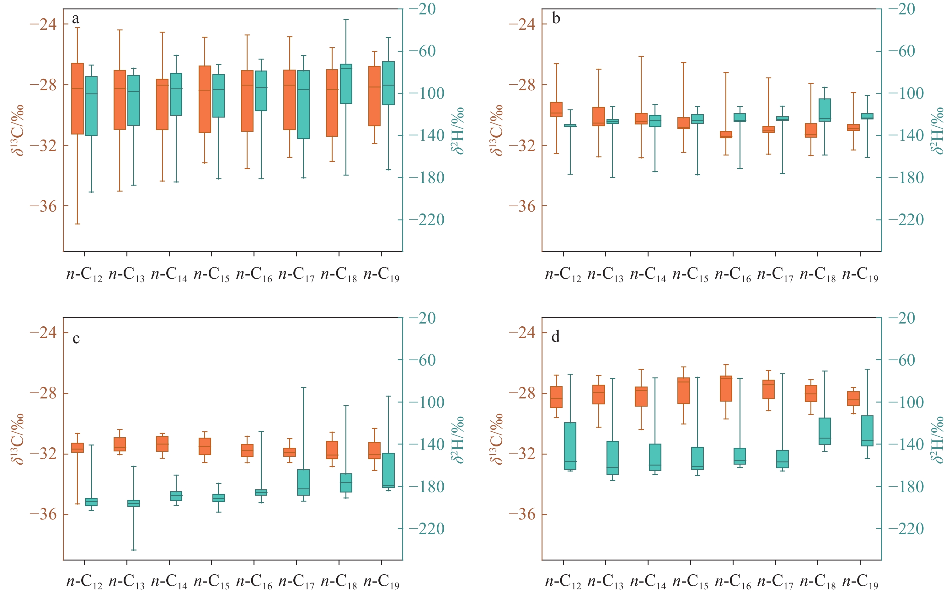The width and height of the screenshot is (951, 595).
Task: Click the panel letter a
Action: pos(76,18)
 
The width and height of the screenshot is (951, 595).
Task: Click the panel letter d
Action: pos(555,337)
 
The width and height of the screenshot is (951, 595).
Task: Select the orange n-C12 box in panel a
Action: pos(77,98)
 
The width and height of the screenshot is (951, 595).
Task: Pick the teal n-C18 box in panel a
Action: pos(346,84)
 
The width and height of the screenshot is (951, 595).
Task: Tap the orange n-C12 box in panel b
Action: pos(556,109)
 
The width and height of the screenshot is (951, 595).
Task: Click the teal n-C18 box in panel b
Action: pos(825,110)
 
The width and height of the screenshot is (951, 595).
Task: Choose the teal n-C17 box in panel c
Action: pos(304,482)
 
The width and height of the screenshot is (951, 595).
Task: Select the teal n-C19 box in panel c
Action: pos(388,470)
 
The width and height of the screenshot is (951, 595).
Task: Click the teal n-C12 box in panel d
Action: pos(570,446)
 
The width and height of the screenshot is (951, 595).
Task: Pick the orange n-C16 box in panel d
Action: pos(726,388)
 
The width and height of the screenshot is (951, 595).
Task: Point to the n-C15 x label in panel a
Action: pos(211,275)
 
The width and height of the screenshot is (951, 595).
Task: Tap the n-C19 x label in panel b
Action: pos(860,275)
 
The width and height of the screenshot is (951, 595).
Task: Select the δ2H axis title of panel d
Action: pos(937,439)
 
